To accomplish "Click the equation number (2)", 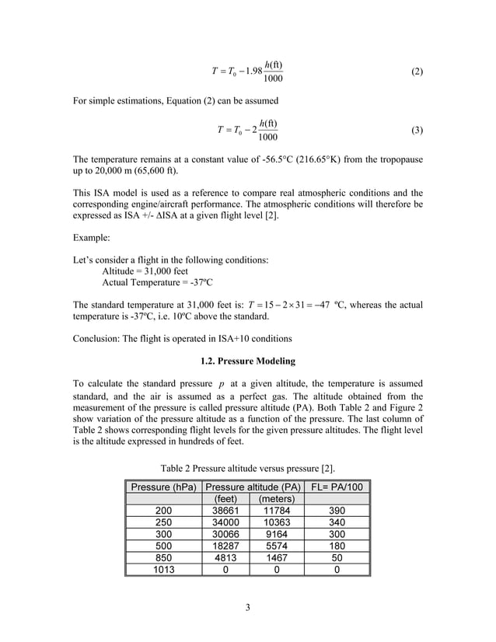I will (417, 72).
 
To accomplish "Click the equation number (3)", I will (417, 130).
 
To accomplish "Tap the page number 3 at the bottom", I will (247, 607).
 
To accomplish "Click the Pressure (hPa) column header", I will (162, 487).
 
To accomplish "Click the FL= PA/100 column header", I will (336, 487).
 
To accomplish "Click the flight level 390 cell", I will (336, 511).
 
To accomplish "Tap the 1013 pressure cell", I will (163, 569).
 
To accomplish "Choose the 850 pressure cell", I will (163, 557).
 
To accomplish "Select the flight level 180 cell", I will (336, 546).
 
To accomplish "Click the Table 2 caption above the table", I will (248, 469).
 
